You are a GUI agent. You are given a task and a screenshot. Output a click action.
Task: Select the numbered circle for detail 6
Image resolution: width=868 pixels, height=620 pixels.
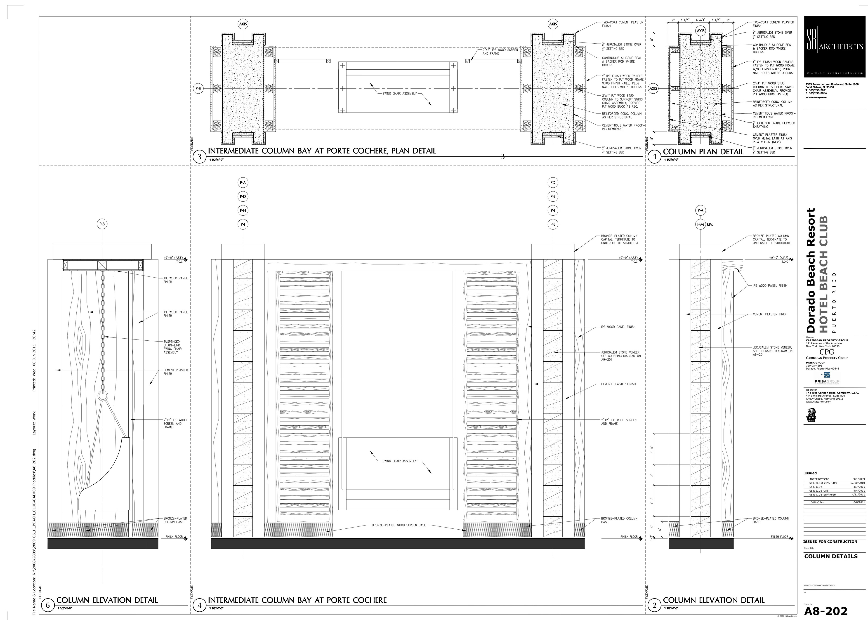tap(48, 605)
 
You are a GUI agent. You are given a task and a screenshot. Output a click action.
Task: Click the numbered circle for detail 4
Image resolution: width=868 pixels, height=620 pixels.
tap(199, 605)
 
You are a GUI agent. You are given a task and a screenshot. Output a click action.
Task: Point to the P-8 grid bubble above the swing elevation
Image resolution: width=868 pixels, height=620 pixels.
tap(102, 224)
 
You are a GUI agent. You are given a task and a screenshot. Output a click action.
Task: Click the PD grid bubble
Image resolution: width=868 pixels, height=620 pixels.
tap(553, 182)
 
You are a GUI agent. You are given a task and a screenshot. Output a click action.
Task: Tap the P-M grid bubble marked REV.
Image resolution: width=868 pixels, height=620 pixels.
tap(701, 224)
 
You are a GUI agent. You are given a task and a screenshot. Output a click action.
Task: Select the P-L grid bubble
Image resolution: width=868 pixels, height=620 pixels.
tap(553, 224)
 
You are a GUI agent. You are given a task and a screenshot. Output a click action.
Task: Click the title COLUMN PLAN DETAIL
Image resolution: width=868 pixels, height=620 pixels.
tap(703, 152)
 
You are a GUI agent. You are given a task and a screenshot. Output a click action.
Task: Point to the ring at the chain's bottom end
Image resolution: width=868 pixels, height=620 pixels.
tap(103, 396)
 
